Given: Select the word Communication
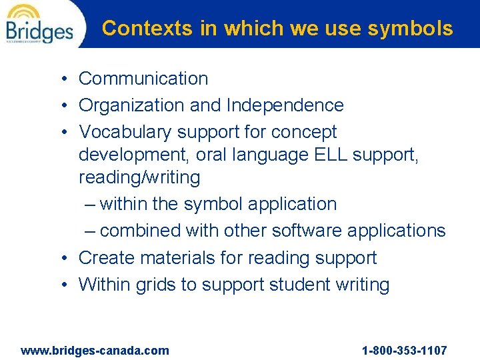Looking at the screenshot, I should pos(143,79).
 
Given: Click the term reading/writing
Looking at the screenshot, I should pos(139,177).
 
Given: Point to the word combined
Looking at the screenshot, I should pos(140,231).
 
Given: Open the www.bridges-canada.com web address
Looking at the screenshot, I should pos(95,350).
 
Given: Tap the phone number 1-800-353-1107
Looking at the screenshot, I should pos(404,350).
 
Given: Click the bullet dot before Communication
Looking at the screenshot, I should pos(61,79).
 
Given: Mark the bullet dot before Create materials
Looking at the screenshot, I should pos(61,259).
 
